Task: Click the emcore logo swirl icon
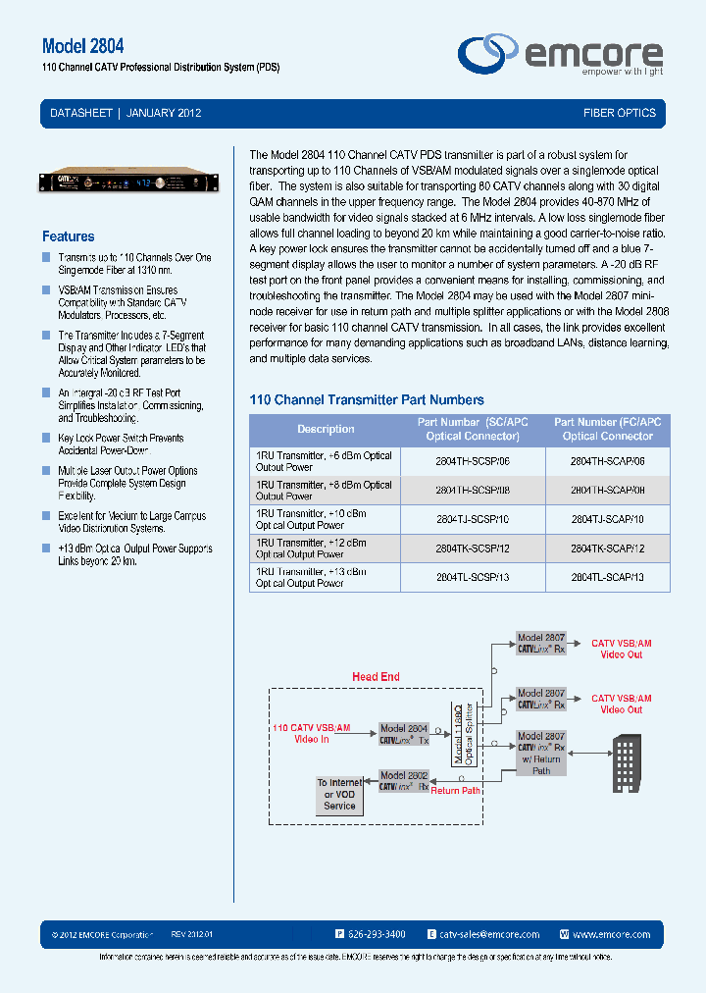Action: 488,53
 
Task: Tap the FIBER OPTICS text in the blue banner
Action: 620,113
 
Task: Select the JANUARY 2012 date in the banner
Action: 165,113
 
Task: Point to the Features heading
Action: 69,236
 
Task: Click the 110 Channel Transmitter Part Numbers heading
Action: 367,400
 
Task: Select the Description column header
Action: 326,429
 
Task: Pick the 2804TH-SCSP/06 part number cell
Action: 473,461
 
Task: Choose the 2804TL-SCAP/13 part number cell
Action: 607,577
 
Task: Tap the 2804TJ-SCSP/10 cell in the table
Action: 473,519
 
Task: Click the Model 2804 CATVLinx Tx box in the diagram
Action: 405,735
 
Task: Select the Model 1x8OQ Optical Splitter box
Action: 462,731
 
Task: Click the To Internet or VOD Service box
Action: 339,794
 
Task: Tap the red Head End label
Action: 376,677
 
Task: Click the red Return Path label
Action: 456,790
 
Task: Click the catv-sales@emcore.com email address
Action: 489,934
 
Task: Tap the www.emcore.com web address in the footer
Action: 611,934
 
